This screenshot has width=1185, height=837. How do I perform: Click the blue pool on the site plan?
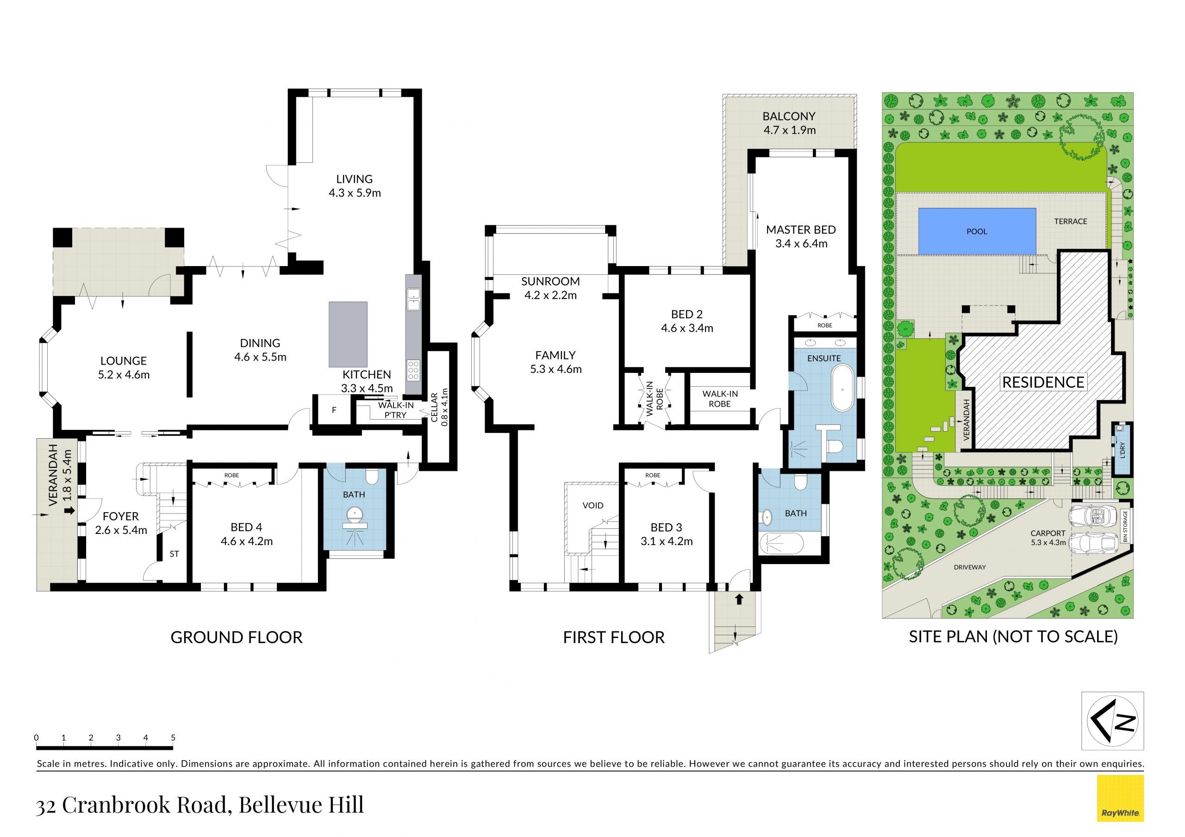tap(977, 231)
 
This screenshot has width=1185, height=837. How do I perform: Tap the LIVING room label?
tap(355, 179)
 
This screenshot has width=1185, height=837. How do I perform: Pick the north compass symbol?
tap(1113, 721)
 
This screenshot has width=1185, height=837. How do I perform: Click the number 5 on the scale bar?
tap(173, 738)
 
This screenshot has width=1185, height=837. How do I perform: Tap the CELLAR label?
tap(435, 407)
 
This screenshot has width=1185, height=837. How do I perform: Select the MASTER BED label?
tap(801, 229)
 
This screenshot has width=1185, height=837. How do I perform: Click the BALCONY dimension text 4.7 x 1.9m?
tap(790, 130)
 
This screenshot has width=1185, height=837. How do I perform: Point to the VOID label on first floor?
tap(593, 505)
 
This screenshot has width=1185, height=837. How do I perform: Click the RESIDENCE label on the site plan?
tap(1043, 382)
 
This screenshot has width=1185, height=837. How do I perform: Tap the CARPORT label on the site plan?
tap(1048, 533)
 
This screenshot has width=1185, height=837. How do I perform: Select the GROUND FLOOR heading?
tap(237, 637)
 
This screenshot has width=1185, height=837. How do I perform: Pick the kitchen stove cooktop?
tap(413, 370)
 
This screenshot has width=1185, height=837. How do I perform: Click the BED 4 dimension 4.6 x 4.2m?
tap(247, 541)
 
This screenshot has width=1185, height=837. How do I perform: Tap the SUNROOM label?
tap(551, 281)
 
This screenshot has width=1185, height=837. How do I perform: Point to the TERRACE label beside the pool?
tap(1070, 221)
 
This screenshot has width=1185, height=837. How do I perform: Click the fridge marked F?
tap(334, 410)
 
